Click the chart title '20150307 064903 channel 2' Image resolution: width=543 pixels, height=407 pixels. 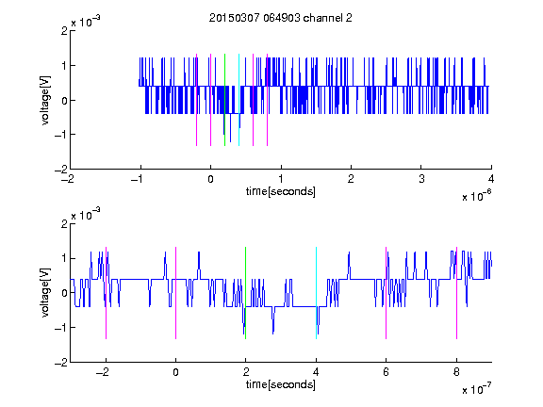tap(281, 18)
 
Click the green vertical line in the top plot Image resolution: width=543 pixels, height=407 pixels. tap(224, 100)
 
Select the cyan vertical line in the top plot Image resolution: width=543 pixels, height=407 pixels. tap(239, 100)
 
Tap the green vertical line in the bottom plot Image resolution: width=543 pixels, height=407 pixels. tap(245, 293)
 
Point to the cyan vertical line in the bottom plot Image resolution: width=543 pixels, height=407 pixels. tap(316, 293)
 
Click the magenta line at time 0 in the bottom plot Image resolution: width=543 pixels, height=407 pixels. tap(176, 293)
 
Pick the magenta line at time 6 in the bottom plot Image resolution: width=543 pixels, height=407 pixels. tap(387, 293)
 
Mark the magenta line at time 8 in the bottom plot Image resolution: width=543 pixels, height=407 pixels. tap(457, 293)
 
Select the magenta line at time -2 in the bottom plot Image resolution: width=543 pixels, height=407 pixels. tap(106, 293)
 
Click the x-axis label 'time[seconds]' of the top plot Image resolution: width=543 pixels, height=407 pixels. tap(281, 191)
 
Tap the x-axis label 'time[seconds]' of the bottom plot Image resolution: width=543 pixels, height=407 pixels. tap(281, 384)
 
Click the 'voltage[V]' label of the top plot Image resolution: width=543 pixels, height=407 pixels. tap(45, 100)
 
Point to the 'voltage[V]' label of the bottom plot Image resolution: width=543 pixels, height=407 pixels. tap(45, 293)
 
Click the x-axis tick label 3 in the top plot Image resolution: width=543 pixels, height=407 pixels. tap(421, 179)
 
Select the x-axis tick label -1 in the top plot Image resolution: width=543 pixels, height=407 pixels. tap(138, 179)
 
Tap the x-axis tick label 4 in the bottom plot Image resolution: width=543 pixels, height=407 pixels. tap(316, 372)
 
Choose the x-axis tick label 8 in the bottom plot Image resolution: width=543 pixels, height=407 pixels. tap(456, 372)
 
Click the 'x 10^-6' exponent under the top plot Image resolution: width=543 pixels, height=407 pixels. tap(476, 196)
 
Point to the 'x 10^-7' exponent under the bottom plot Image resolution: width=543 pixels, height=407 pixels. tap(476, 389)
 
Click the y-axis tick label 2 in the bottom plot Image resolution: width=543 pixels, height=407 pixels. tap(64, 223)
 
